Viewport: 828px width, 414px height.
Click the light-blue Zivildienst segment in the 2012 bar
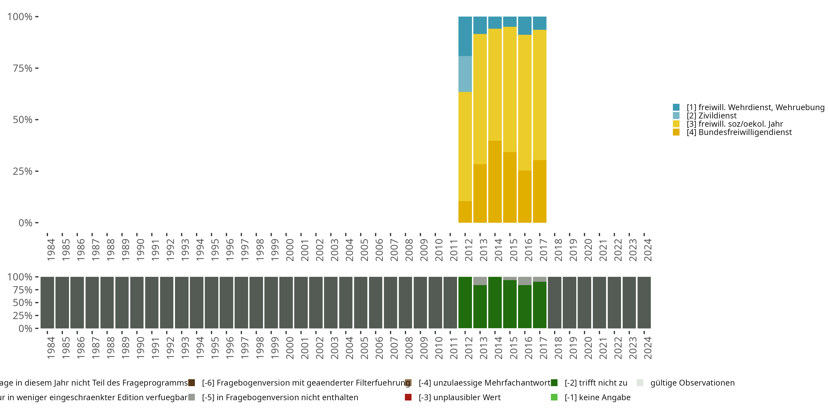465,74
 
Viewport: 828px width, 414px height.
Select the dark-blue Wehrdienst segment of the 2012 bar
465,36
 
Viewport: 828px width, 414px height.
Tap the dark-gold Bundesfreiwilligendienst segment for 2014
495,182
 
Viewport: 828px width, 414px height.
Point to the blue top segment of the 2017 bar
539,23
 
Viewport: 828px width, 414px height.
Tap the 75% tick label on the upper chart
23,68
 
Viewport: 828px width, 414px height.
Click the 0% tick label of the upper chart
25,223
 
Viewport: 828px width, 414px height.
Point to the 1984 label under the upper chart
51,250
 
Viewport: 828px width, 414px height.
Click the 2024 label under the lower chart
648,348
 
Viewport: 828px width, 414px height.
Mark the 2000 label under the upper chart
290,250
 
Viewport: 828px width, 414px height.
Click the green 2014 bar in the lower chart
495,302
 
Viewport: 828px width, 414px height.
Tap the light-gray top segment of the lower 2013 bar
480,281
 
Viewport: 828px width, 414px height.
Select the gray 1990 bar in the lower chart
137,302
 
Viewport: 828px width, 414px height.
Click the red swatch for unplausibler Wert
408,397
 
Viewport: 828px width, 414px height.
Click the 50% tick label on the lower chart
23,302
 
